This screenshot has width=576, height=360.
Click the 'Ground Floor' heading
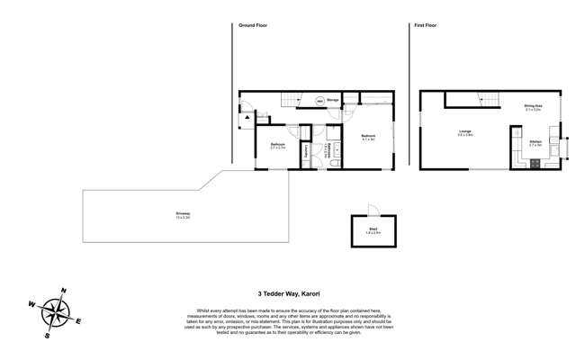pyautogui.click(x=253, y=25)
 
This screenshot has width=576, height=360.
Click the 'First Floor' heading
pyautogui.click(x=425, y=25)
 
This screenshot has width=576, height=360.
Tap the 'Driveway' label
pyautogui.click(x=183, y=214)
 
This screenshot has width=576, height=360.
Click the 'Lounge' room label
pyautogui.click(x=465, y=133)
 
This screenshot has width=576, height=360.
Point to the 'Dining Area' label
pyautogui.click(x=533, y=106)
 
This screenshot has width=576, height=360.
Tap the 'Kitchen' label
pyautogui.click(x=535, y=141)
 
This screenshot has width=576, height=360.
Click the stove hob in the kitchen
pyautogui.click(x=534, y=163)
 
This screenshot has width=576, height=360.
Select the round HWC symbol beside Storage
pyautogui.click(x=319, y=101)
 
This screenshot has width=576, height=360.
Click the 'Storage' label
pyautogui.click(x=333, y=100)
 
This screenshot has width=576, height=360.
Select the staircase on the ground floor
pyautogui.click(x=288, y=100)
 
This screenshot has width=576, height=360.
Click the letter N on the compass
pyautogui.click(x=63, y=291)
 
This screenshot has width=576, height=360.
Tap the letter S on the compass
pyautogui.click(x=48, y=335)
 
